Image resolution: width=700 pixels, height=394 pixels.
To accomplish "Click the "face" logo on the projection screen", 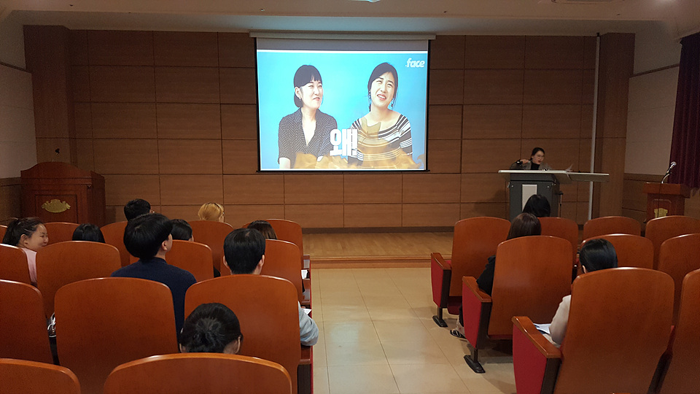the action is coord(415,63).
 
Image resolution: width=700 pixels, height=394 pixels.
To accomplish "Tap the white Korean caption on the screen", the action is coord(343,142).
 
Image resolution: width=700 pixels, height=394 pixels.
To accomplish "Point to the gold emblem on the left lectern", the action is coord(56,206).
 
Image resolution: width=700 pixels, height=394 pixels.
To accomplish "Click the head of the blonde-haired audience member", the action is coord(211,212).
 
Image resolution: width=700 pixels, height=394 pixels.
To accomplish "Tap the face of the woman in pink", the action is coord(37,236).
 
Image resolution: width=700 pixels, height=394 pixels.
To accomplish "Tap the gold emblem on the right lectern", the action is coord(661,212).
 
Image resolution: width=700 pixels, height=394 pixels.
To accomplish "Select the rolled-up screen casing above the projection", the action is coord(343,36).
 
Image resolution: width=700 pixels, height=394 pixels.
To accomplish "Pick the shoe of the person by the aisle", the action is coord(458,333).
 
